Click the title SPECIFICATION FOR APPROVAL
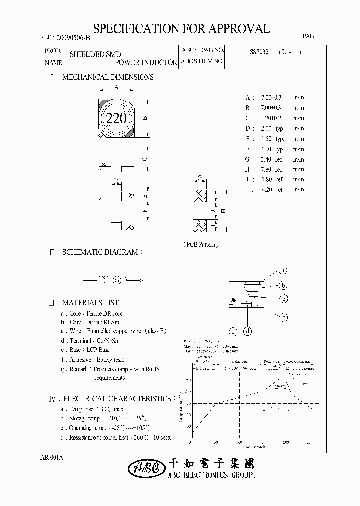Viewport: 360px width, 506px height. pos(181,28)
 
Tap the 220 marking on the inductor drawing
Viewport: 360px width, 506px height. pos(116,118)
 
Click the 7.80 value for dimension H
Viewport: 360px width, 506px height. pos(266,169)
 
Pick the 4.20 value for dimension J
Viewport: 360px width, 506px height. pos(266,189)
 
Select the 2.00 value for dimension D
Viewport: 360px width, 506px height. pos(266,128)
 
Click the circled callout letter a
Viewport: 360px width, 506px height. pos(282,270)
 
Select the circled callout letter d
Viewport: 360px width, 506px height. pos(248,330)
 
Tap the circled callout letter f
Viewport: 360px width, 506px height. pos(233,330)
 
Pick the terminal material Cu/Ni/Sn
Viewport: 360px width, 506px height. pos(108,340)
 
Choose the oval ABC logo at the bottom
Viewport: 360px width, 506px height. pos(144,468)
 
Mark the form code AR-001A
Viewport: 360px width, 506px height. pos(51,457)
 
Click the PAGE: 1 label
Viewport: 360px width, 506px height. pos(313,36)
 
